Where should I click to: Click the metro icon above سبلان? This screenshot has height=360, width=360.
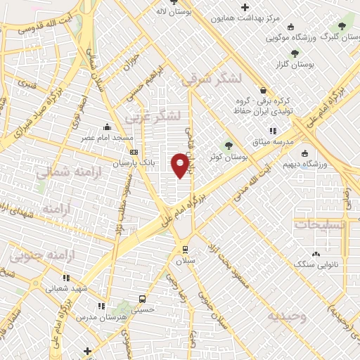[184, 248]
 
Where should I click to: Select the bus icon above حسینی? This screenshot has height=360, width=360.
[143, 297]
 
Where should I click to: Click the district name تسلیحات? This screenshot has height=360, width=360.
[320, 225]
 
